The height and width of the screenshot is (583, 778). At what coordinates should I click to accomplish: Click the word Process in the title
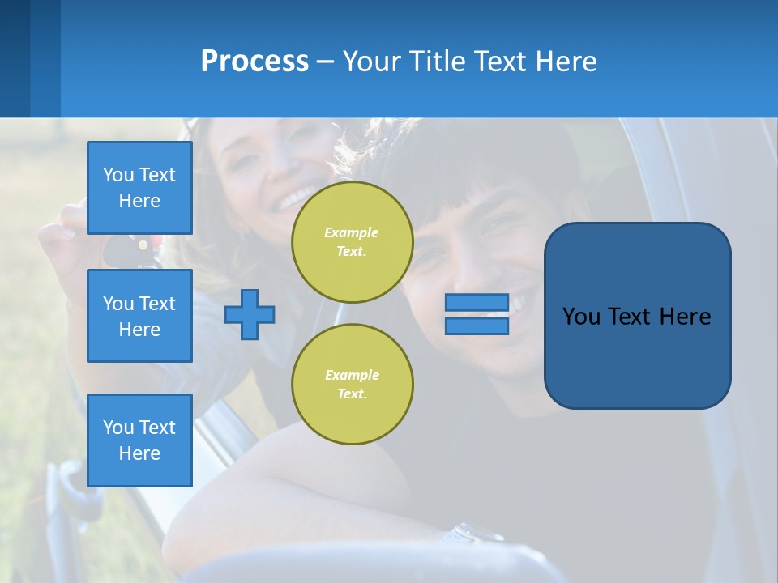click(254, 62)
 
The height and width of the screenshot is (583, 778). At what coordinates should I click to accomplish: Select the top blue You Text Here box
click(139, 188)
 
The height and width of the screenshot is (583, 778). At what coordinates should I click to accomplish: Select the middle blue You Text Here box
click(139, 316)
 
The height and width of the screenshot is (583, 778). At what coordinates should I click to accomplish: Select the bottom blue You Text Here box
click(139, 440)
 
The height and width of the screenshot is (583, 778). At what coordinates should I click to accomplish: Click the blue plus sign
click(250, 314)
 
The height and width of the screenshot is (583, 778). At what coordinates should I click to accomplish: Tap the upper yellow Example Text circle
click(352, 242)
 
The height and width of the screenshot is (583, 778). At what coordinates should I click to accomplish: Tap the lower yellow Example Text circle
click(352, 385)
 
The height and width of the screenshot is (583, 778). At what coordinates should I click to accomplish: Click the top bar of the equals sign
click(477, 303)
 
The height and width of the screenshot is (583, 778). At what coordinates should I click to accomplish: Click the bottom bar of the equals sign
click(477, 326)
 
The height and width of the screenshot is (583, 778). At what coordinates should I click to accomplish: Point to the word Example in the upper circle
click(351, 232)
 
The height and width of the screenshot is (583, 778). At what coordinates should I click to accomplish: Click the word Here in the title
click(565, 62)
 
